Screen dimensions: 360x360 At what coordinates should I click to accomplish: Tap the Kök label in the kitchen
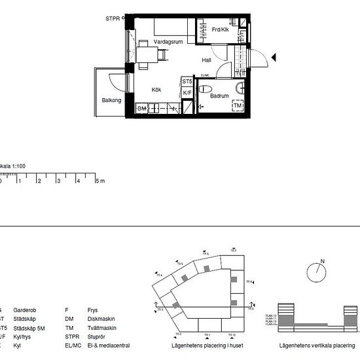(156, 90)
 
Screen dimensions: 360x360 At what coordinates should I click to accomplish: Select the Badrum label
(219, 96)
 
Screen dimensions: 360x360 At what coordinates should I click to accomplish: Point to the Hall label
(206, 60)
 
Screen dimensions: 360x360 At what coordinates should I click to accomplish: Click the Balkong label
(111, 100)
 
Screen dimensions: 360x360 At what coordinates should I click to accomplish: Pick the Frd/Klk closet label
(220, 30)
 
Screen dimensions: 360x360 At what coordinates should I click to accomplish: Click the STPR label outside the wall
(113, 20)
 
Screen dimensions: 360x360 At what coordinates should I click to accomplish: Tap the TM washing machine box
(238, 106)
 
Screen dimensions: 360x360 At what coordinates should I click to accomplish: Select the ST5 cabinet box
(187, 82)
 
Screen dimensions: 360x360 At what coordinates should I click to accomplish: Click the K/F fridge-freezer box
(187, 93)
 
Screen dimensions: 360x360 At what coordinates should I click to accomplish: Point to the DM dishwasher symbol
(141, 108)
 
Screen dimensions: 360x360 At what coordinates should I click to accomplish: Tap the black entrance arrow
(274, 58)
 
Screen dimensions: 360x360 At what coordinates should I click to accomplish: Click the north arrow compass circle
(317, 273)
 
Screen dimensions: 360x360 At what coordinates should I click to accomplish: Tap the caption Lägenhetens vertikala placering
(312, 344)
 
